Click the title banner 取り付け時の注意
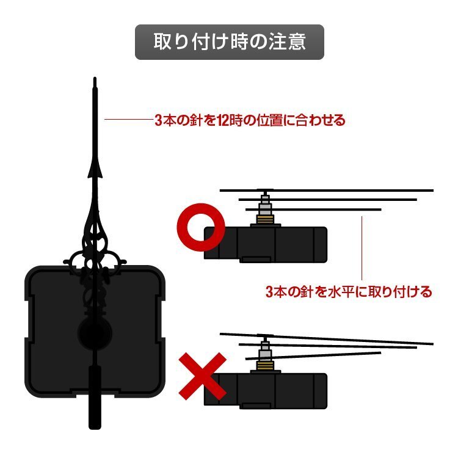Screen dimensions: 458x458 (x=229, y=42)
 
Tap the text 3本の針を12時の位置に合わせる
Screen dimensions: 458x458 (x=250, y=120)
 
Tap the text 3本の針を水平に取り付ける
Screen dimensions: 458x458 (x=349, y=292)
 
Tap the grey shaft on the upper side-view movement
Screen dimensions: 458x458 (x=264, y=200)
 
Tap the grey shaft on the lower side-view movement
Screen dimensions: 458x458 (x=264, y=349)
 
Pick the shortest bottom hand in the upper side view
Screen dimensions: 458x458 (x=342, y=209)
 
